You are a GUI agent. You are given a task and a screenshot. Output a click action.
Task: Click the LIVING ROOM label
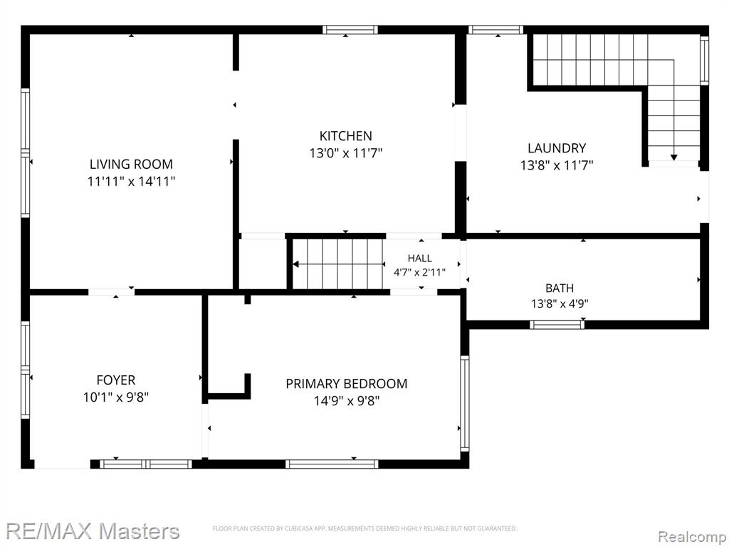coord(131,165)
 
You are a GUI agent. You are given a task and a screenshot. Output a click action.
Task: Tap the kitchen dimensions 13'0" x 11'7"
coord(346,153)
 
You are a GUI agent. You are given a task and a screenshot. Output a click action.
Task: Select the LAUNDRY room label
coord(557,148)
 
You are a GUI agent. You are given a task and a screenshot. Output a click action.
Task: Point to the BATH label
coord(560,288)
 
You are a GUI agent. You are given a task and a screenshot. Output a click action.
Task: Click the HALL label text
coord(419,258)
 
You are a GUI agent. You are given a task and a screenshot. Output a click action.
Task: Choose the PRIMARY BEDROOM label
coord(347,384)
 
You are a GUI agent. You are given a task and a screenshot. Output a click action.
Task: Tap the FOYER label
coord(116,380)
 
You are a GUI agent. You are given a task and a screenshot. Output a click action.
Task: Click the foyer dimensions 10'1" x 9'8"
coord(116,397)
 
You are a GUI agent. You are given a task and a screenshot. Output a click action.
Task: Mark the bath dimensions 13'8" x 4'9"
coord(560,303)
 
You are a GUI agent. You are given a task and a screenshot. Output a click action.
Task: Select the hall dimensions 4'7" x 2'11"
coord(419,272)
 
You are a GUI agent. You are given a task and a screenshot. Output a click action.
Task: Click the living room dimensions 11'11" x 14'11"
coord(131,182)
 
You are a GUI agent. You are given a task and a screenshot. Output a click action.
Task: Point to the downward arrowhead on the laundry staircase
coord(673,157)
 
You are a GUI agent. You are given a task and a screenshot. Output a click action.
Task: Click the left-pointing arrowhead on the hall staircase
coord(295,264)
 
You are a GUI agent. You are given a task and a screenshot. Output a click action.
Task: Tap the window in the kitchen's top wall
coord(350,30)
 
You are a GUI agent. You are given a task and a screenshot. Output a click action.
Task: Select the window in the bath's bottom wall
coord(557,324)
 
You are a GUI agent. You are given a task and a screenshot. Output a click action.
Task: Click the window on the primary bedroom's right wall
coord(464,403)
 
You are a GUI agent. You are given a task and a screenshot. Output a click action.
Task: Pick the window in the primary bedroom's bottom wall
coord(332,464)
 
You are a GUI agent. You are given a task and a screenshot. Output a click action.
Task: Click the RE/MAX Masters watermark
coord(93,531)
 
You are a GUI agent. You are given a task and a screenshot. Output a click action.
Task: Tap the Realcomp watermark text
coord(692,536)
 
